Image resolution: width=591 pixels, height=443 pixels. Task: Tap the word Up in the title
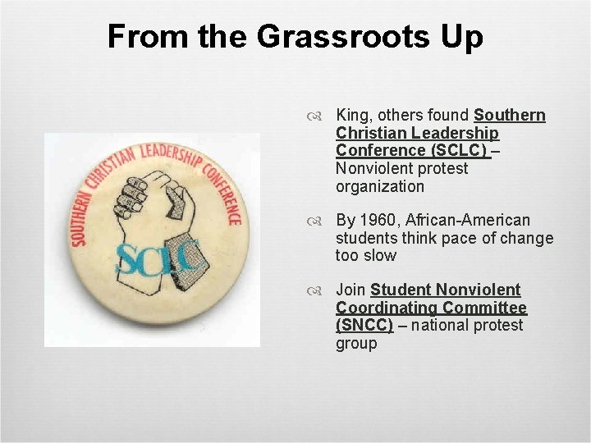point(463,36)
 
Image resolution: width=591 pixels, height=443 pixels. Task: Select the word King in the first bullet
point(353,115)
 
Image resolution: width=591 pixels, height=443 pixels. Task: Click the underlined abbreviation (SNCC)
point(364,325)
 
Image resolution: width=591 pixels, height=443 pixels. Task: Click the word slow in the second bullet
point(378,255)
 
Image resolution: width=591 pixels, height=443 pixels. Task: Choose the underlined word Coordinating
point(387,308)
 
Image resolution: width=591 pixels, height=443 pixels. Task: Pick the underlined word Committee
point(484,308)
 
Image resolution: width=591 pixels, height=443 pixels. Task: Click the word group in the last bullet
point(356,343)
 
